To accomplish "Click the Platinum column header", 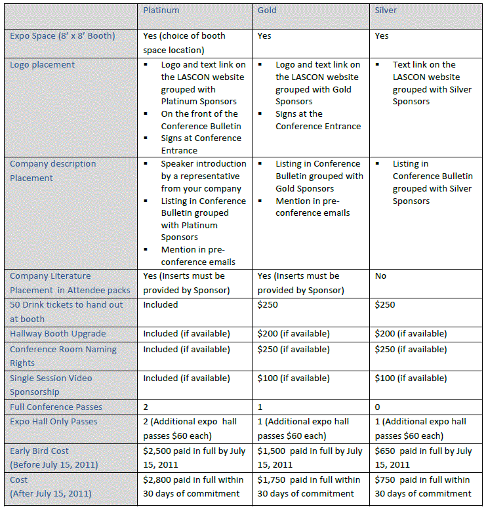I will (x=161, y=10).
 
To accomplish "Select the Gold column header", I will (x=267, y=10).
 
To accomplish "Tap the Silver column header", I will (x=386, y=10).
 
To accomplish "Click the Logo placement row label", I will (x=42, y=65).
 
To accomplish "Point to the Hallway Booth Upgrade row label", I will (x=58, y=334).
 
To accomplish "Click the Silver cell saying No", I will (x=380, y=276).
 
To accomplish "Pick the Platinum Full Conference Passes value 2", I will (x=146, y=407).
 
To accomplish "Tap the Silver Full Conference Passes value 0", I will (x=377, y=407).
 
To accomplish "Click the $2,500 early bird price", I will (x=158, y=451).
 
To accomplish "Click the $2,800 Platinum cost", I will (x=158, y=480).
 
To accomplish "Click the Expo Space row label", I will (x=62, y=36).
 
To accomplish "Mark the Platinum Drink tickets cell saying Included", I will (x=161, y=305).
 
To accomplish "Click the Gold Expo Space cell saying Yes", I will (x=264, y=36).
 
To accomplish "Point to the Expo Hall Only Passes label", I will (x=54, y=422).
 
